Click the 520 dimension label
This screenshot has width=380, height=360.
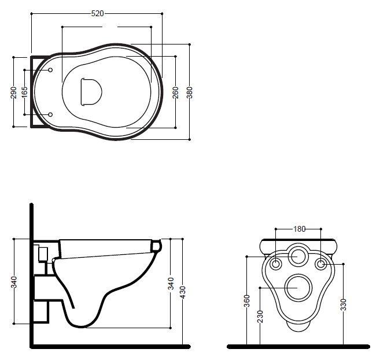(97, 13)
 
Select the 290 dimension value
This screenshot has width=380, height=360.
(13, 92)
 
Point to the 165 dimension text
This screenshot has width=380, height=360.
(25, 92)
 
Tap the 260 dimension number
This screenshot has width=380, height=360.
(175, 92)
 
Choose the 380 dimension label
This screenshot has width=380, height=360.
(190, 92)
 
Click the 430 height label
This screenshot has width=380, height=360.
(183, 292)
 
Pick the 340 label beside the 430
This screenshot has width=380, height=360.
(171, 284)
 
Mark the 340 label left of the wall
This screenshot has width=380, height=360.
(14, 282)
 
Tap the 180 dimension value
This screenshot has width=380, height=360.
(300, 229)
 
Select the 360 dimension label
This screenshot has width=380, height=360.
(247, 301)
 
